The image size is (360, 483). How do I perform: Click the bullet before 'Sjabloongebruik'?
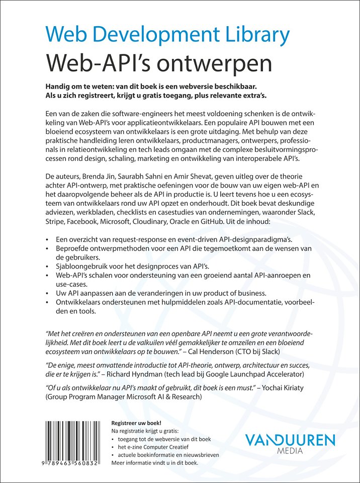tap(47, 266)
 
